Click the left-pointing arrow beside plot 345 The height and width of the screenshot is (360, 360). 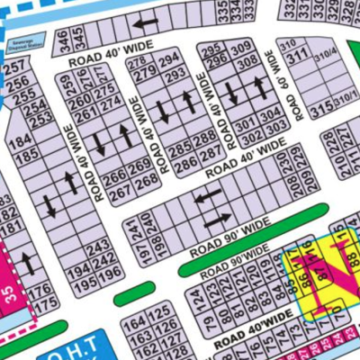click(146, 22)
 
